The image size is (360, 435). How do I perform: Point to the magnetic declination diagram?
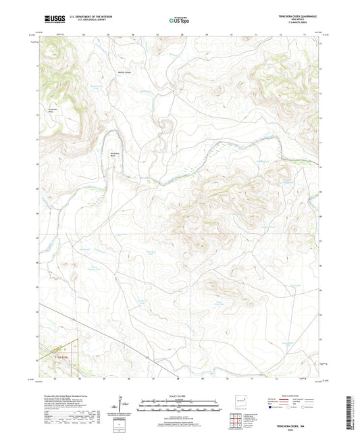coord(121,407)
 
